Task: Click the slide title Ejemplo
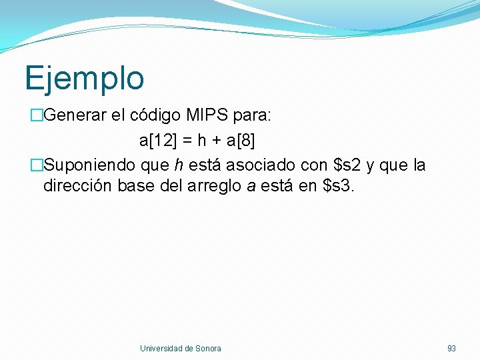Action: [x=84, y=78]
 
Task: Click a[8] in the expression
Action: [x=241, y=141]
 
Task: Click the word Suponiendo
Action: [x=89, y=165]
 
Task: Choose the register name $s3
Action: [x=339, y=185]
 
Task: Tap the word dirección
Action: [x=78, y=185]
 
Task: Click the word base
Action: [x=137, y=185]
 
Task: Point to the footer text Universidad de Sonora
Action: [x=180, y=348]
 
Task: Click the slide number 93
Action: [x=451, y=348]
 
